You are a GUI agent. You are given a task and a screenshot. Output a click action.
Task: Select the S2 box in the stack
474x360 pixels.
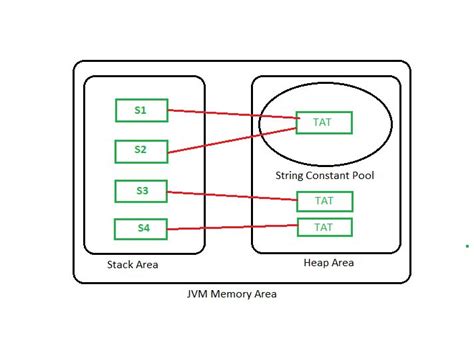pos(140,150)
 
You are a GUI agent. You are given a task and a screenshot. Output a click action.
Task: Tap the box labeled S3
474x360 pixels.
pos(140,189)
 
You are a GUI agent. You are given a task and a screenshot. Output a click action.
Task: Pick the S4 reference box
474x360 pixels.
pos(140,229)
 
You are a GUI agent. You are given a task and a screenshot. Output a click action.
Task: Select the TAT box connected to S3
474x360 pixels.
pos(324,200)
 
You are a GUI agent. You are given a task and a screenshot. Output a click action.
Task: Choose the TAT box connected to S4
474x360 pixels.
pos(324,227)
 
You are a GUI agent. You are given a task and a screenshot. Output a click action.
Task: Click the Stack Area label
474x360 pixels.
pos(132,265)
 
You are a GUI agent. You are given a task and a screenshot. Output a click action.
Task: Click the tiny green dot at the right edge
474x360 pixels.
pos(466,245)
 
